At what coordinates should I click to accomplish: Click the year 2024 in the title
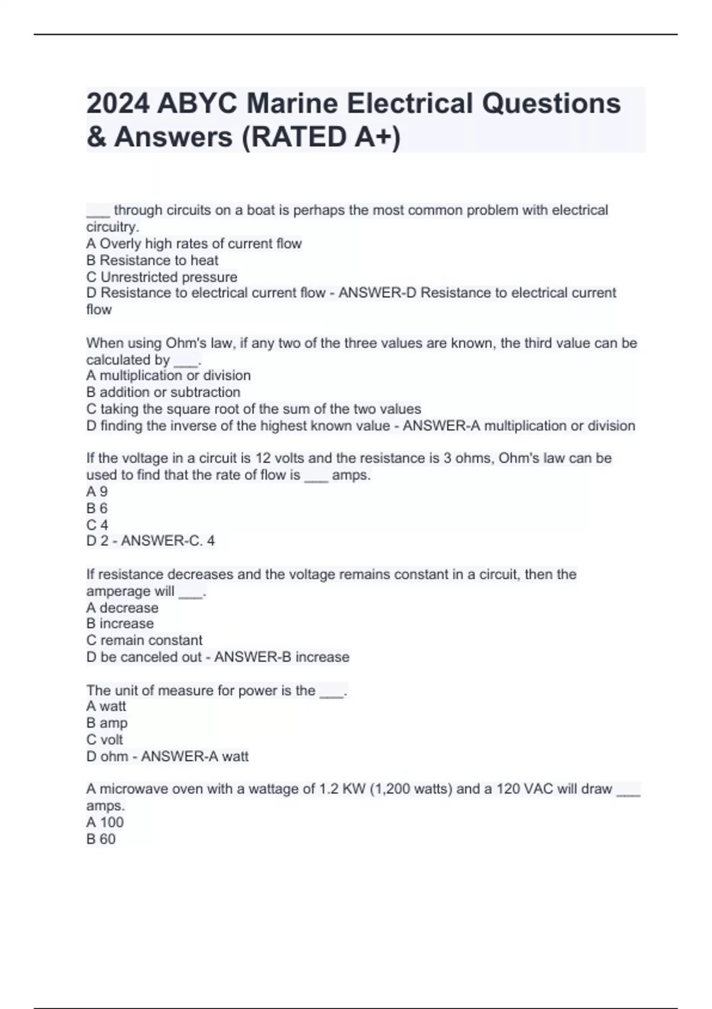coord(117,103)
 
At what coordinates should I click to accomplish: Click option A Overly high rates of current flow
coord(194,243)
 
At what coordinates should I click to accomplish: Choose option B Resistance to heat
coord(152,260)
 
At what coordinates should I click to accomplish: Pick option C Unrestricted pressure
coord(162,277)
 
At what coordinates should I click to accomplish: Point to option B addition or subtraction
coord(163,392)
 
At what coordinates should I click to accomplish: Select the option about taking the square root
coord(253,409)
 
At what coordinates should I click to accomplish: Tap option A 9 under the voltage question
coord(97,491)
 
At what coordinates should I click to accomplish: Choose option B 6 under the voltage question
coord(97,508)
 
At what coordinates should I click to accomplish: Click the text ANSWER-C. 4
coord(168,541)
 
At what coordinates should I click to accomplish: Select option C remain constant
coord(144,640)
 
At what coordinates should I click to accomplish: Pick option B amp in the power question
coord(107,723)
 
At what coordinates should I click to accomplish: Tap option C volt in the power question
coord(104,740)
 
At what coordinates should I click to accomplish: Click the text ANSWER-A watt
coord(195,756)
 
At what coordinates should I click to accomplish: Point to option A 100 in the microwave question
coord(105,822)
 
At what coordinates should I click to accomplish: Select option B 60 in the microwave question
coord(101,839)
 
